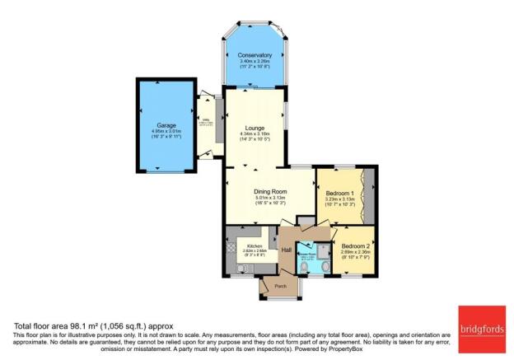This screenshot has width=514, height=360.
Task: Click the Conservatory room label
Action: pyautogui.click(x=255, y=55)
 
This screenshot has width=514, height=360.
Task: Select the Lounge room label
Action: pyautogui.click(x=255, y=129)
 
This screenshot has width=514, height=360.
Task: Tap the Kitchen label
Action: pyautogui.click(x=255, y=245)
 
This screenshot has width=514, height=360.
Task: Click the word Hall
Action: pyautogui.click(x=287, y=250)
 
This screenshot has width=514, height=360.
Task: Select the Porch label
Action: pyautogui.click(x=269, y=288)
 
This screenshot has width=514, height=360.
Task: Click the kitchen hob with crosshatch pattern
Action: pyautogui.click(x=231, y=245)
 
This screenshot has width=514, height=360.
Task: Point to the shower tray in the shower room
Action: pyautogui.click(x=324, y=248)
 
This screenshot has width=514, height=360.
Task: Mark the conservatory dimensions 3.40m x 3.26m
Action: pyautogui.click(x=255, y=61)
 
